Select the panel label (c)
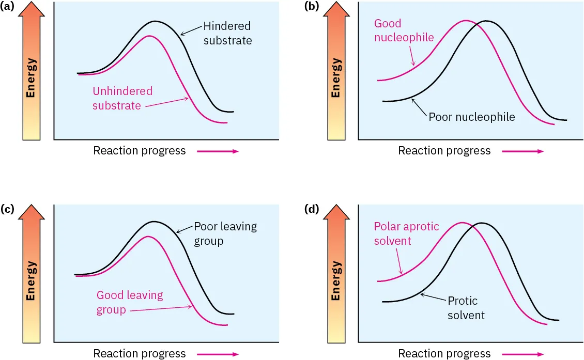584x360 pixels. coord(8,209)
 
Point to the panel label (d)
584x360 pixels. coord(313,209)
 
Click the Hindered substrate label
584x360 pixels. coord(227,33)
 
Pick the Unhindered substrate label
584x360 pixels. coord(122,98)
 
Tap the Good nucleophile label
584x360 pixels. coord(404,30)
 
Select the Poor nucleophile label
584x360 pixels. coord(471,117)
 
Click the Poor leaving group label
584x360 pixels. coord(225,233)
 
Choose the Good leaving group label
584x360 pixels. coord(130,302)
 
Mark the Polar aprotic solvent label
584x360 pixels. coord(406,233)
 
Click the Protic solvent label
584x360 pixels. coord(466,308)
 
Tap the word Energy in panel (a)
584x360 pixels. coord(32,79)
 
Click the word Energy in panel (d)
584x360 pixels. coord(336,280)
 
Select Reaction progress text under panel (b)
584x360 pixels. coord(444,151)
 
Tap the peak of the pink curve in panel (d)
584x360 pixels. coord(461,223)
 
